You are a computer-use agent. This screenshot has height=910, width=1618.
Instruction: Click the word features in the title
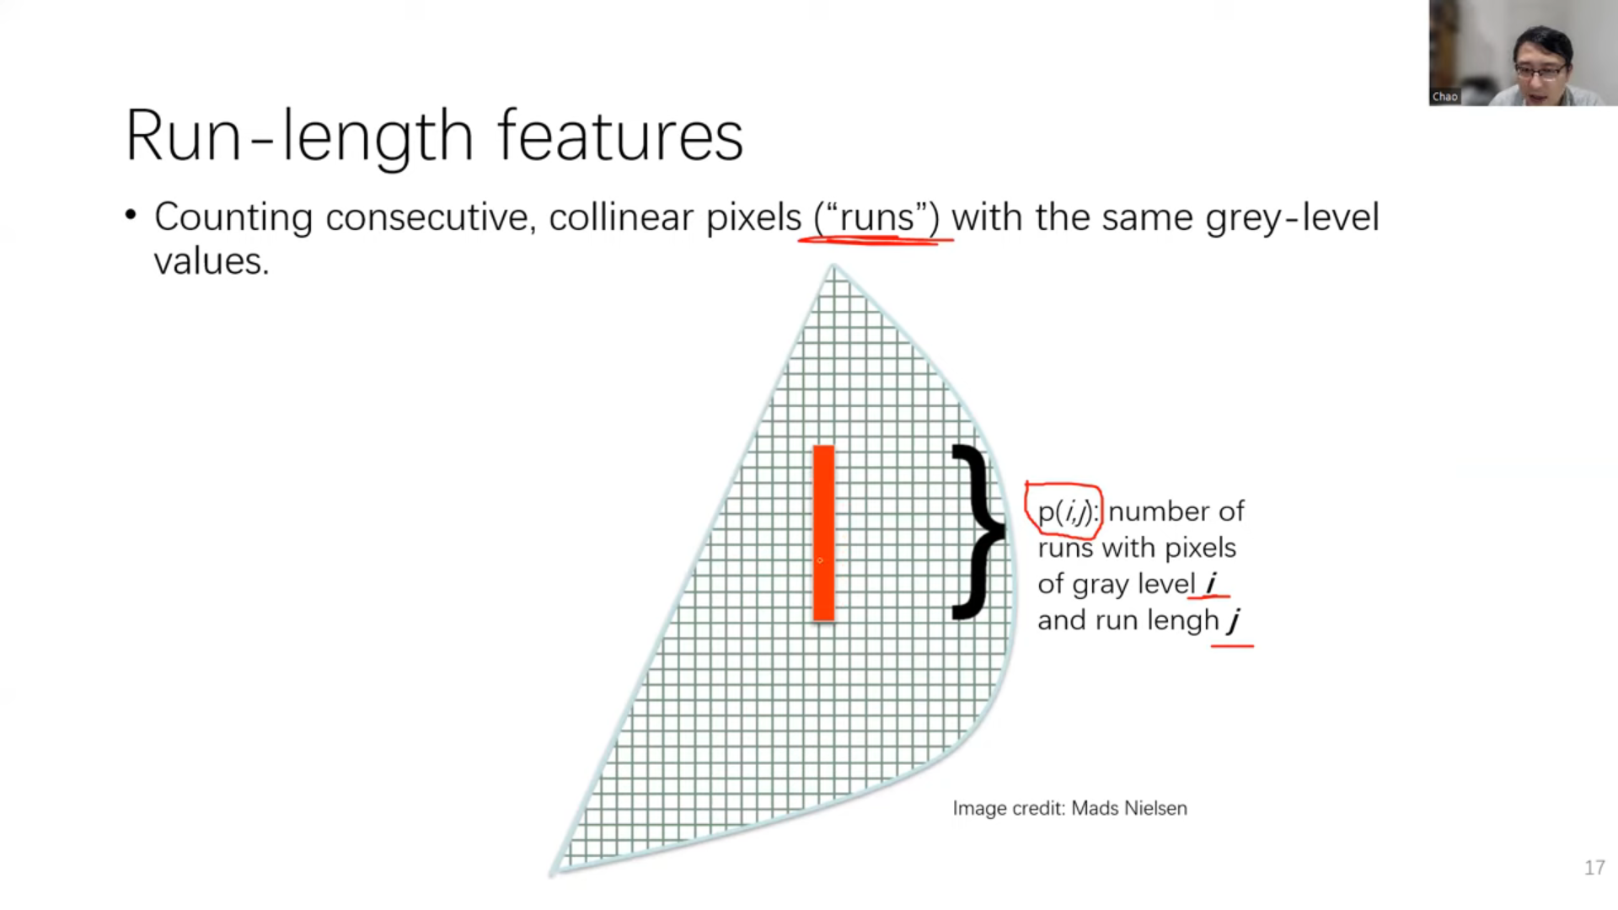coord(620,135)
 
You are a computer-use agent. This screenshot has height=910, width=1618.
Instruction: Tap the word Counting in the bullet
coord(233,218)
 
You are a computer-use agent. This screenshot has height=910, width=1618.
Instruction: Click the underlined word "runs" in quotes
coord(876,217)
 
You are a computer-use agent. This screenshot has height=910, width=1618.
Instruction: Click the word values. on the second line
coord(212,261)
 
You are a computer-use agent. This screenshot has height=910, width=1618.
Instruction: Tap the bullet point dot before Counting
coord(131,215)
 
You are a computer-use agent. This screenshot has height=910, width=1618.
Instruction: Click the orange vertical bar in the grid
coord(823,533)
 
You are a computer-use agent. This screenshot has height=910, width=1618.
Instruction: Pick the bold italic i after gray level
coord(1210,583)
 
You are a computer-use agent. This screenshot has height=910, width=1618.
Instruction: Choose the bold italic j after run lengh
coord(1235,621)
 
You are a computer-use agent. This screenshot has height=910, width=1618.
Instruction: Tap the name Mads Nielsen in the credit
coord(1129,808)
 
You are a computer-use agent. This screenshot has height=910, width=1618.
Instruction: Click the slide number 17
coord(1594,868)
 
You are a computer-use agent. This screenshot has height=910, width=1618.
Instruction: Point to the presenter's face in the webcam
coord(1542,66)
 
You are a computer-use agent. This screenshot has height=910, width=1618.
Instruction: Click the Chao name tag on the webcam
coord(1444,97)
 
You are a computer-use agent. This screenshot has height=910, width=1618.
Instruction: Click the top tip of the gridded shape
coord(833,265)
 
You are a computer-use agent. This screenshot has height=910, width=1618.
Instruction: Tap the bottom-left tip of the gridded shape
coord(554,874)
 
